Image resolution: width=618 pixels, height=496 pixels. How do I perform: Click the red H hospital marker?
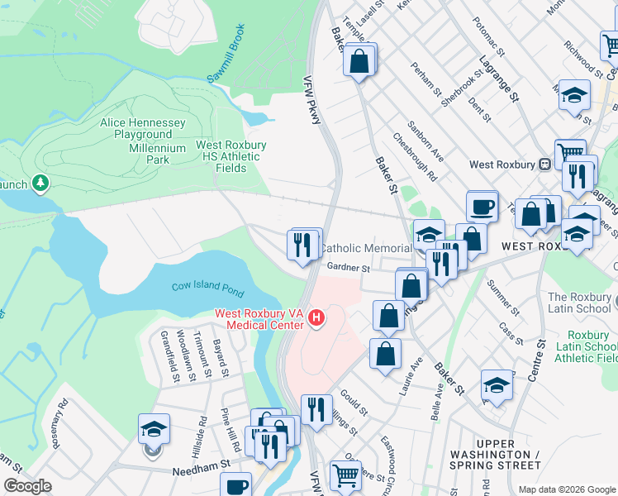click(x=315, y=317)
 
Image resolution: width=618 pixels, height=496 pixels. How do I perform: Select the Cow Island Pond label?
click(x=207, y=286)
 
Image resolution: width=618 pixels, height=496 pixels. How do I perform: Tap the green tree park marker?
click(x=40, y=182)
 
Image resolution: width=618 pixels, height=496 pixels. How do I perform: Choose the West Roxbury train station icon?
click(x=545, y=164)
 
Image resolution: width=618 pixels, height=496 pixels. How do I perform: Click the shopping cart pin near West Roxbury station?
click(x=570, y=152)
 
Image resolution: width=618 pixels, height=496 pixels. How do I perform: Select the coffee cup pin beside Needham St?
click(x=237, y=484)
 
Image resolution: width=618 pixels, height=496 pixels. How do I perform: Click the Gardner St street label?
click(x=347, y=267)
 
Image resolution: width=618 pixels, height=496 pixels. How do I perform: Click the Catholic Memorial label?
click(x=365, y=248)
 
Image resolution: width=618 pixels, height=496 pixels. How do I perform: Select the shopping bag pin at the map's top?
click(x=360, y=60)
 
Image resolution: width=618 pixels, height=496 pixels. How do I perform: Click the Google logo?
click(x=27, y=486)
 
